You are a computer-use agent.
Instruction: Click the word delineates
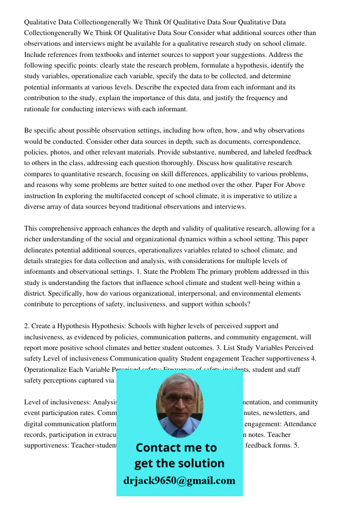pos(40,250)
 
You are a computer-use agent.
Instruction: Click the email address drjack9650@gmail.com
pos(179,481)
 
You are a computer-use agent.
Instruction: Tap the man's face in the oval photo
pos(179,404)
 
